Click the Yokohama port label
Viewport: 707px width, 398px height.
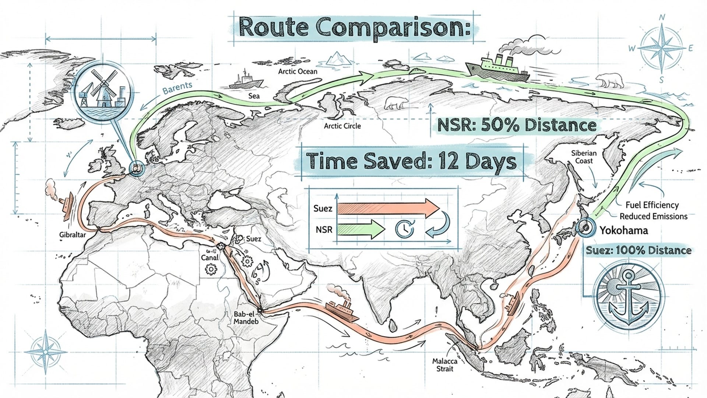click(x=624, y=231)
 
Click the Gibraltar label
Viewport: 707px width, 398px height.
click(x=73, y=235)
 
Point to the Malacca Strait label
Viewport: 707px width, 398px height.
click(x=445, y=365)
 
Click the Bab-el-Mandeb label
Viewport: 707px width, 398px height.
click(x=246, y=318)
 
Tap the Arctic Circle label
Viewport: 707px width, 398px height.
click(x=342, y=126)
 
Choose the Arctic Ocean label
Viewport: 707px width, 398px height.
click(x=298, y=71)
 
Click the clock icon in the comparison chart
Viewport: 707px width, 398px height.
click(x=404, y=229)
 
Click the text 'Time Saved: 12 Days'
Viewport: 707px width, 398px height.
click(x=411, y=162)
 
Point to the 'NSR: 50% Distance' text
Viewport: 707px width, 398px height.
click(x=517, y=125)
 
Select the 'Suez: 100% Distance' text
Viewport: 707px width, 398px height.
click(x=639, y=251)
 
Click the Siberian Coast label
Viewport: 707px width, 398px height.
click(x=584, y=157)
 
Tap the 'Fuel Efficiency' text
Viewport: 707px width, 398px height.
click(x=652, y=205)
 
